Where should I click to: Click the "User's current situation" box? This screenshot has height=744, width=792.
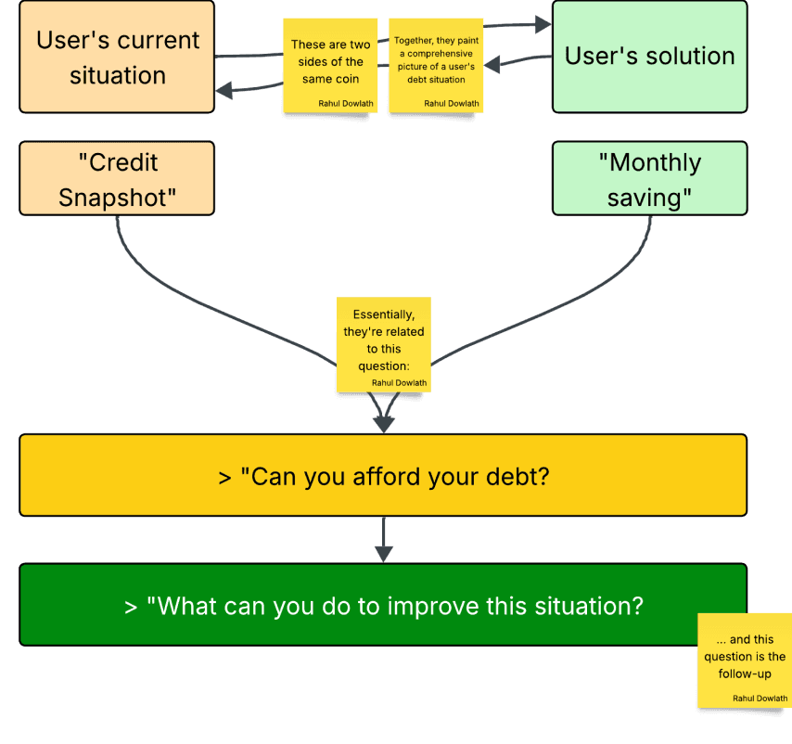117,57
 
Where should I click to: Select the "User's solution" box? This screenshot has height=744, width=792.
649,57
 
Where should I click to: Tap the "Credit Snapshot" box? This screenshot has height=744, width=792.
117,178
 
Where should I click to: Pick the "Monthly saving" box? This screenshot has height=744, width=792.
649,178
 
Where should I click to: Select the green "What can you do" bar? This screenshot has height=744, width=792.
382,605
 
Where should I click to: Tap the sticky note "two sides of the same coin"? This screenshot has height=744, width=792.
331,65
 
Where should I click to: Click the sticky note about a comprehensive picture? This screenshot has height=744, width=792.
436,65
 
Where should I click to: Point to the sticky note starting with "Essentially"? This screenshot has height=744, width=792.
383,343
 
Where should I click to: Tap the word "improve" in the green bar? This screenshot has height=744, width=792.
434,607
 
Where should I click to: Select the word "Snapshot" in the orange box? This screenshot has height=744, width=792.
118,196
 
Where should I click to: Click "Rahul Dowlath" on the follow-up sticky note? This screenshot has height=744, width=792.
760,698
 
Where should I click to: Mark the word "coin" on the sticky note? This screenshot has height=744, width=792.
346,79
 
